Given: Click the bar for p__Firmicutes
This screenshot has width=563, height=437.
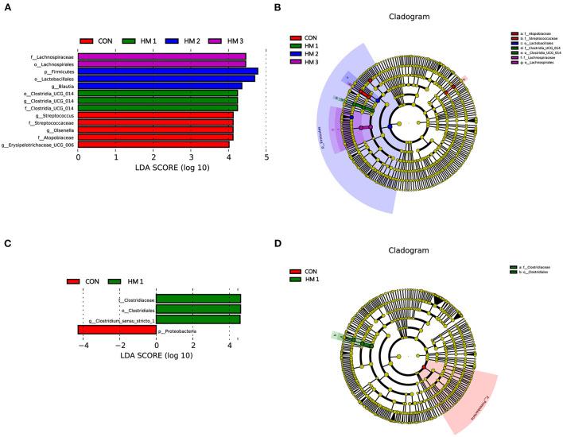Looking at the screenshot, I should tap(168, 71).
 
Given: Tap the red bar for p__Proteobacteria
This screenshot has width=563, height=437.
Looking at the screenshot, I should tap(116, 329).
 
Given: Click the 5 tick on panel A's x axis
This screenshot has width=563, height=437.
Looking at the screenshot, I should tap(266, 158).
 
